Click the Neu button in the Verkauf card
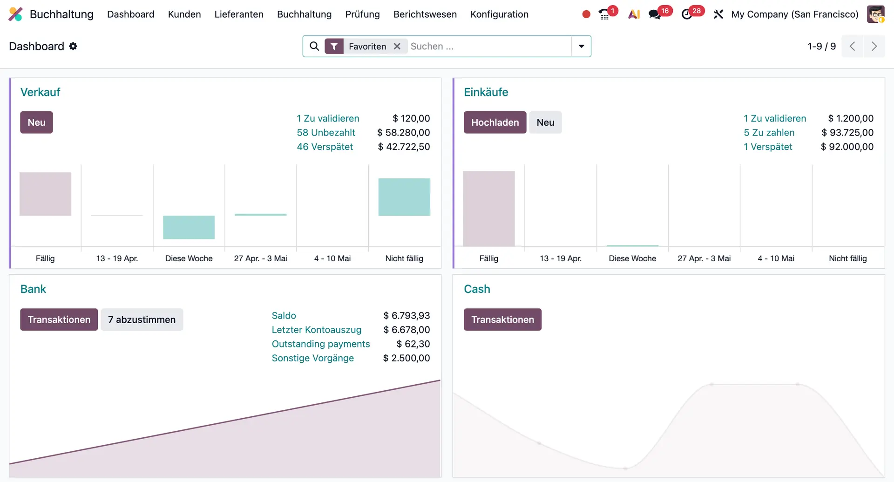(36, 122)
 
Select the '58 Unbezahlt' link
(326, 133)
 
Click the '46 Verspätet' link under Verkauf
(325, 147)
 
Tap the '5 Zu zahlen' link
(769, 133)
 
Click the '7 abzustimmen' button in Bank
(142, 319)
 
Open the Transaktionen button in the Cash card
(502, 319)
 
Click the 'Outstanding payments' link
(321, 344)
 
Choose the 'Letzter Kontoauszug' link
(317, 330)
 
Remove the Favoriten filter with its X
(397, 46)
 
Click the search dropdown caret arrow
(581, 46)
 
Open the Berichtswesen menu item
(425, 14)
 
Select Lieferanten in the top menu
(239, 14)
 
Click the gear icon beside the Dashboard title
(73, 46)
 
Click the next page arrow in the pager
(874, 46)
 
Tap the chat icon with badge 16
(655, 14)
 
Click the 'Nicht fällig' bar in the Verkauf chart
(404, 197)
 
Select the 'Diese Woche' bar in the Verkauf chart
(189, 227)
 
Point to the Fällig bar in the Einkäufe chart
(489, 208)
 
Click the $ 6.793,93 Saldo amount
(406, 316)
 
